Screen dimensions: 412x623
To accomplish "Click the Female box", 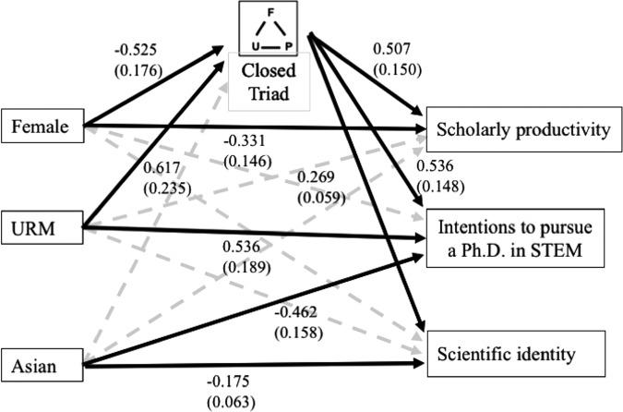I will [x=42, y=127].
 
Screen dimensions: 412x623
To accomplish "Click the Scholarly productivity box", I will [x=521, y=130].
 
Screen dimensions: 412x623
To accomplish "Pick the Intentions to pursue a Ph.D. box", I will [x=521, y=239].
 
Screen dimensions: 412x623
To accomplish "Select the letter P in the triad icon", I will [x=288, y=43].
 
